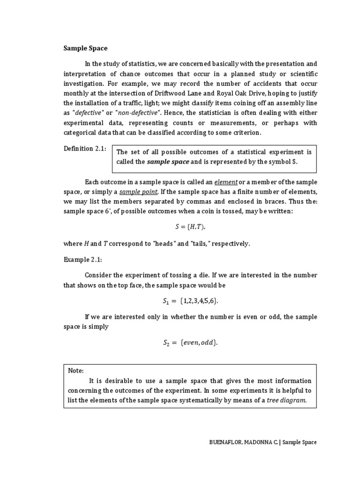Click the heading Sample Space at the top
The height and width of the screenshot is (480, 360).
(85, 48)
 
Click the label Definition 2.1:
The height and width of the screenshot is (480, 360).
(85, 149)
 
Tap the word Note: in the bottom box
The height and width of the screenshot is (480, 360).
(75, 370)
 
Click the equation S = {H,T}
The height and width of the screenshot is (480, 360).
(190, 226)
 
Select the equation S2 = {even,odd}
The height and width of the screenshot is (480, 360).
(190, 343)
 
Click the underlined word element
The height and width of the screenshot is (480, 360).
(226, 182)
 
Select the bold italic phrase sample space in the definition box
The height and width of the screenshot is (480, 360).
(168, 162)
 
